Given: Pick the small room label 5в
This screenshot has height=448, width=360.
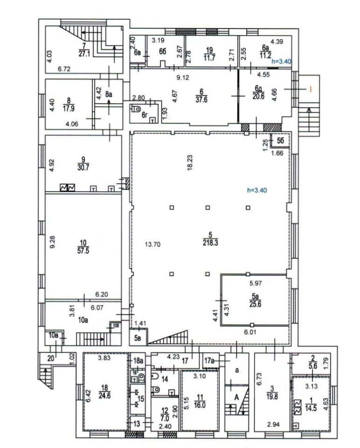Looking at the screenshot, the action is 138,337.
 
